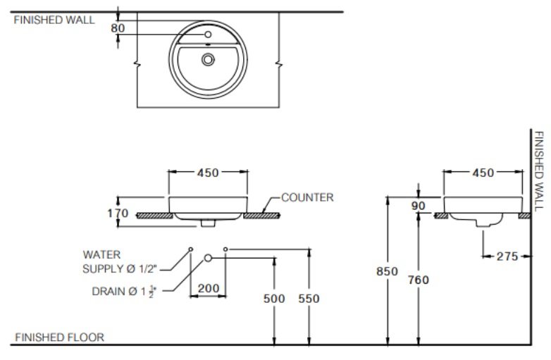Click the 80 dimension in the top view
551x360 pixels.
point(118,28)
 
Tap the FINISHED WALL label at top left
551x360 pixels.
point(54,20)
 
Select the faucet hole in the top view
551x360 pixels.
point(209,34)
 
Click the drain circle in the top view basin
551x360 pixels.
point(208,61)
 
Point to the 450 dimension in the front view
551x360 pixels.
point(208,173)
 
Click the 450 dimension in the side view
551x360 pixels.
point(483,173)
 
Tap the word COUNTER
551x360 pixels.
point(307,198)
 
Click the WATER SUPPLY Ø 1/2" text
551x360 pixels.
point(120,261)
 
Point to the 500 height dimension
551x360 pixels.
point(274,299)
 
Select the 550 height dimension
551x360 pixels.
point(308,299)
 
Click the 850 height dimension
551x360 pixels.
point(387,271)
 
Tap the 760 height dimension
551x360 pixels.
point(418,280)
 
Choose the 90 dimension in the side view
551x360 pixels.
point(419,205)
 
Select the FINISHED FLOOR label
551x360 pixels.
point(59,337)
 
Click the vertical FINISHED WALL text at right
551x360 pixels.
point(539,171)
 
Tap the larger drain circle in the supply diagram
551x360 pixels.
point(208,259)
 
